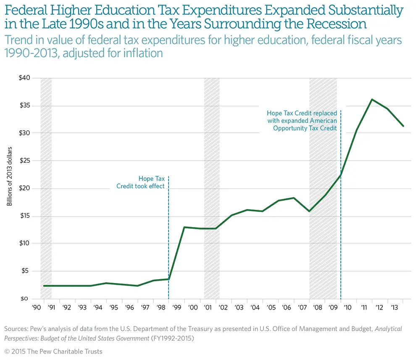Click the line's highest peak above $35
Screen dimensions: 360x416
coord(371,99)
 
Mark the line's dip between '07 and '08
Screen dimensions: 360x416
coord(309,211)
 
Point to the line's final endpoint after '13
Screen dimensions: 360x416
coord(403,126)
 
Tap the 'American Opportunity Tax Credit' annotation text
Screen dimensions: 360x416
coord(302,120)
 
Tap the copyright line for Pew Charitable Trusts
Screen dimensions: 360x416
coord(53,351)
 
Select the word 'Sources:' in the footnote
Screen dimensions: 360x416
coord(16,328)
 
